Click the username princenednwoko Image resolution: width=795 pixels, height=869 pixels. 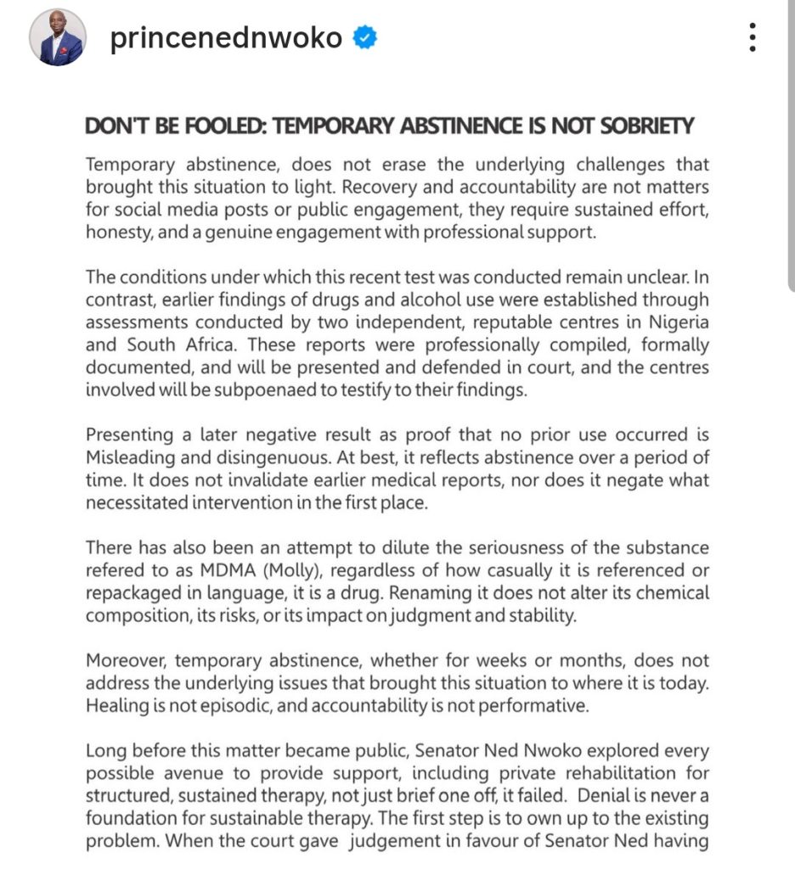[x=225, y=39]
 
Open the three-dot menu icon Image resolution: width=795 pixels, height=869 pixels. [x=751, y=38]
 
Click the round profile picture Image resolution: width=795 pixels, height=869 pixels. [x=57, y=38]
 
